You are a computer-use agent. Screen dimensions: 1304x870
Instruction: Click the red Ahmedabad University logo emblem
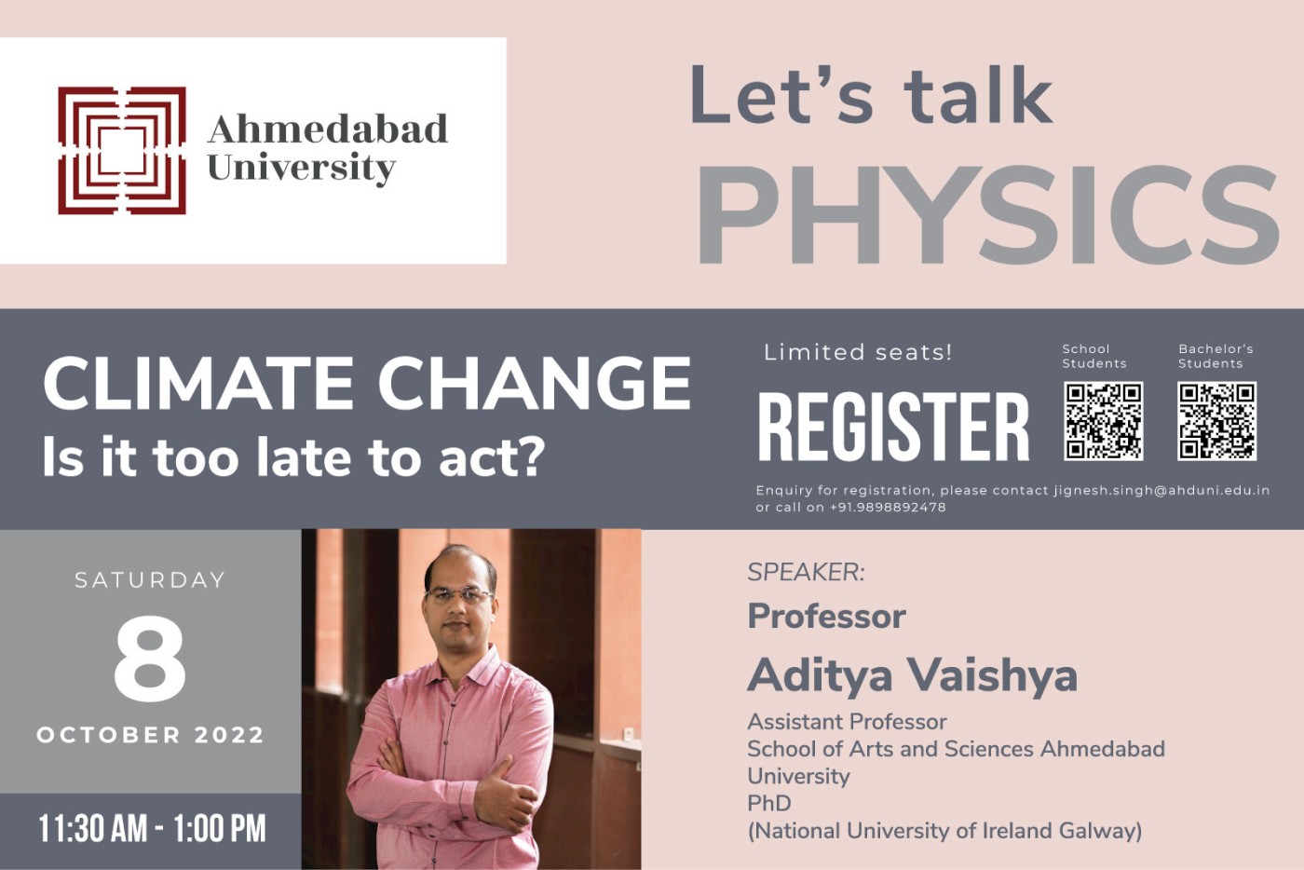tap(122, 151)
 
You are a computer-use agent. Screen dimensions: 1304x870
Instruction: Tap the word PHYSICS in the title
tap(987, 214)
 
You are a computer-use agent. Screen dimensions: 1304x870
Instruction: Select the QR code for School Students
tap(1103, 421)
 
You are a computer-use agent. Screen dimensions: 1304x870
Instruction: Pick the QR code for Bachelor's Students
tap(1216, 421)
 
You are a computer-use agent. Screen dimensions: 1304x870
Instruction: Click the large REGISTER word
tap(893, 427)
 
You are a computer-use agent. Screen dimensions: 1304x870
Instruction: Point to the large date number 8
tap(150, 658)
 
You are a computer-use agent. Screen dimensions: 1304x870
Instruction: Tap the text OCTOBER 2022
tap(150, 735)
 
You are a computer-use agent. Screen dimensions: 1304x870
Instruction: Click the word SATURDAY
tap(150, 580)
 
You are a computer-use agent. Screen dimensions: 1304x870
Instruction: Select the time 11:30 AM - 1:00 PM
tap(152, 829)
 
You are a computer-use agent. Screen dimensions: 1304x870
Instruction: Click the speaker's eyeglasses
tap(458, 594)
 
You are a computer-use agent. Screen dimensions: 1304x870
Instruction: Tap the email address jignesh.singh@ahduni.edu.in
tap(1162, 490)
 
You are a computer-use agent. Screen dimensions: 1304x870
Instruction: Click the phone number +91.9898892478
tap(888, 508)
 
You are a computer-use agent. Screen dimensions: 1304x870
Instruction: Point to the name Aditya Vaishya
tap(912, 675)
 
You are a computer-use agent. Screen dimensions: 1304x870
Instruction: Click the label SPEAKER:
tap(807, 573)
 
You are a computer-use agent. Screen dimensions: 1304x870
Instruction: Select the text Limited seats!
tap(858, 352)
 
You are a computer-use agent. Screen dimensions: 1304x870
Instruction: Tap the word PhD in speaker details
tap(769, 804)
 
